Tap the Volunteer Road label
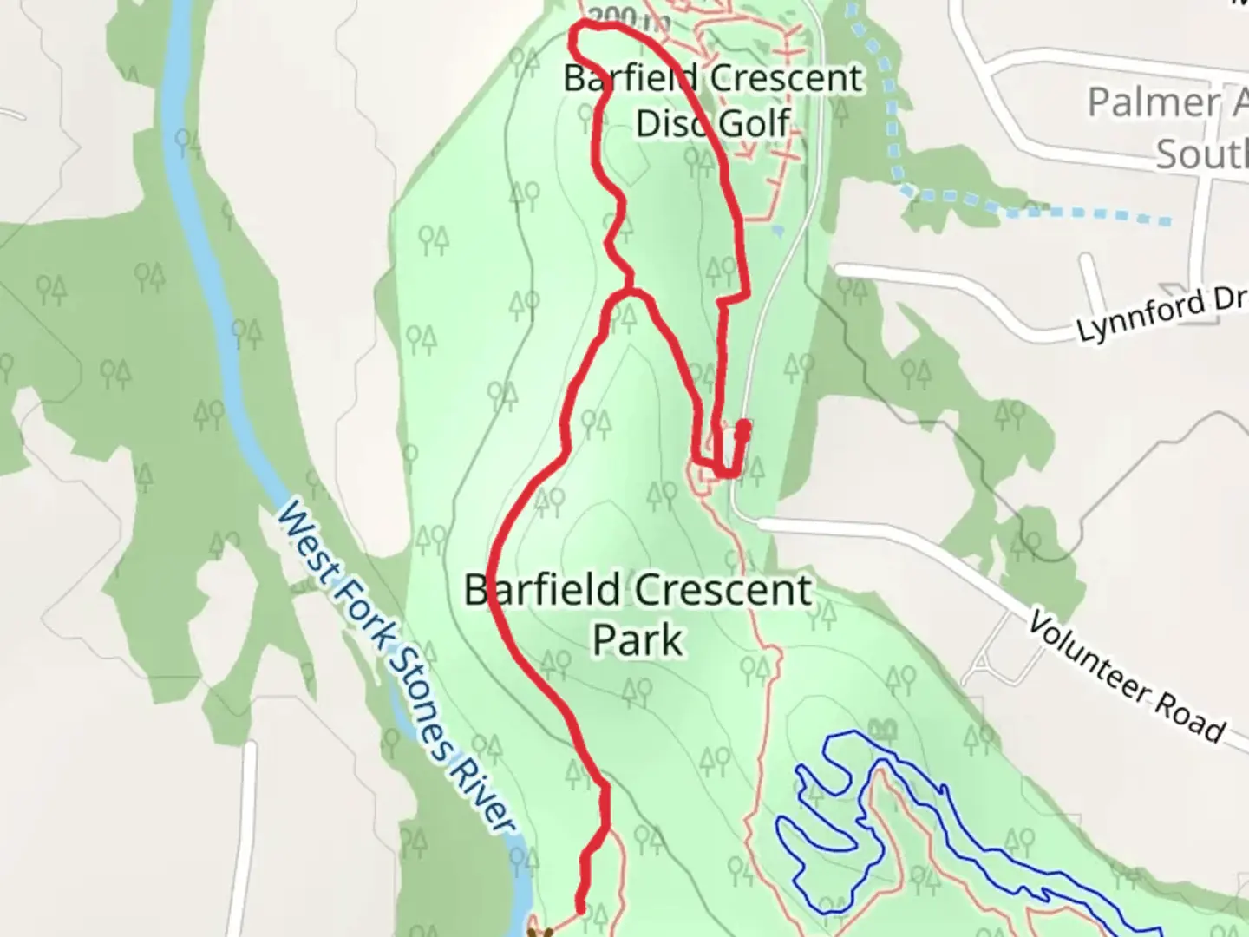click(x=1126, y=677)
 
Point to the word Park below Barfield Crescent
click(x=638, y=640)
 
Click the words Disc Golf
click(x=713, y=123)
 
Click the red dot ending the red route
click(x=743, y=426)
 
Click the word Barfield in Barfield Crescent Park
click(x=542, y=592)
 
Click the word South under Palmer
click(x=1201, y=154)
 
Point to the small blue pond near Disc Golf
click(x=777, y=231)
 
